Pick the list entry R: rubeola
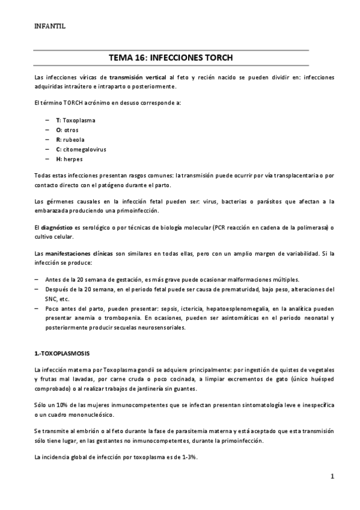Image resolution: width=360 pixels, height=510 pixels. pyautogui.click(x=70, y=140)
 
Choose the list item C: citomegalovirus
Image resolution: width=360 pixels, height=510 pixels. pyautogui.click(x=81, y=149)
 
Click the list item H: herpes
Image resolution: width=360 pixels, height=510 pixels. pyautogui.click(x=69, y=159)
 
